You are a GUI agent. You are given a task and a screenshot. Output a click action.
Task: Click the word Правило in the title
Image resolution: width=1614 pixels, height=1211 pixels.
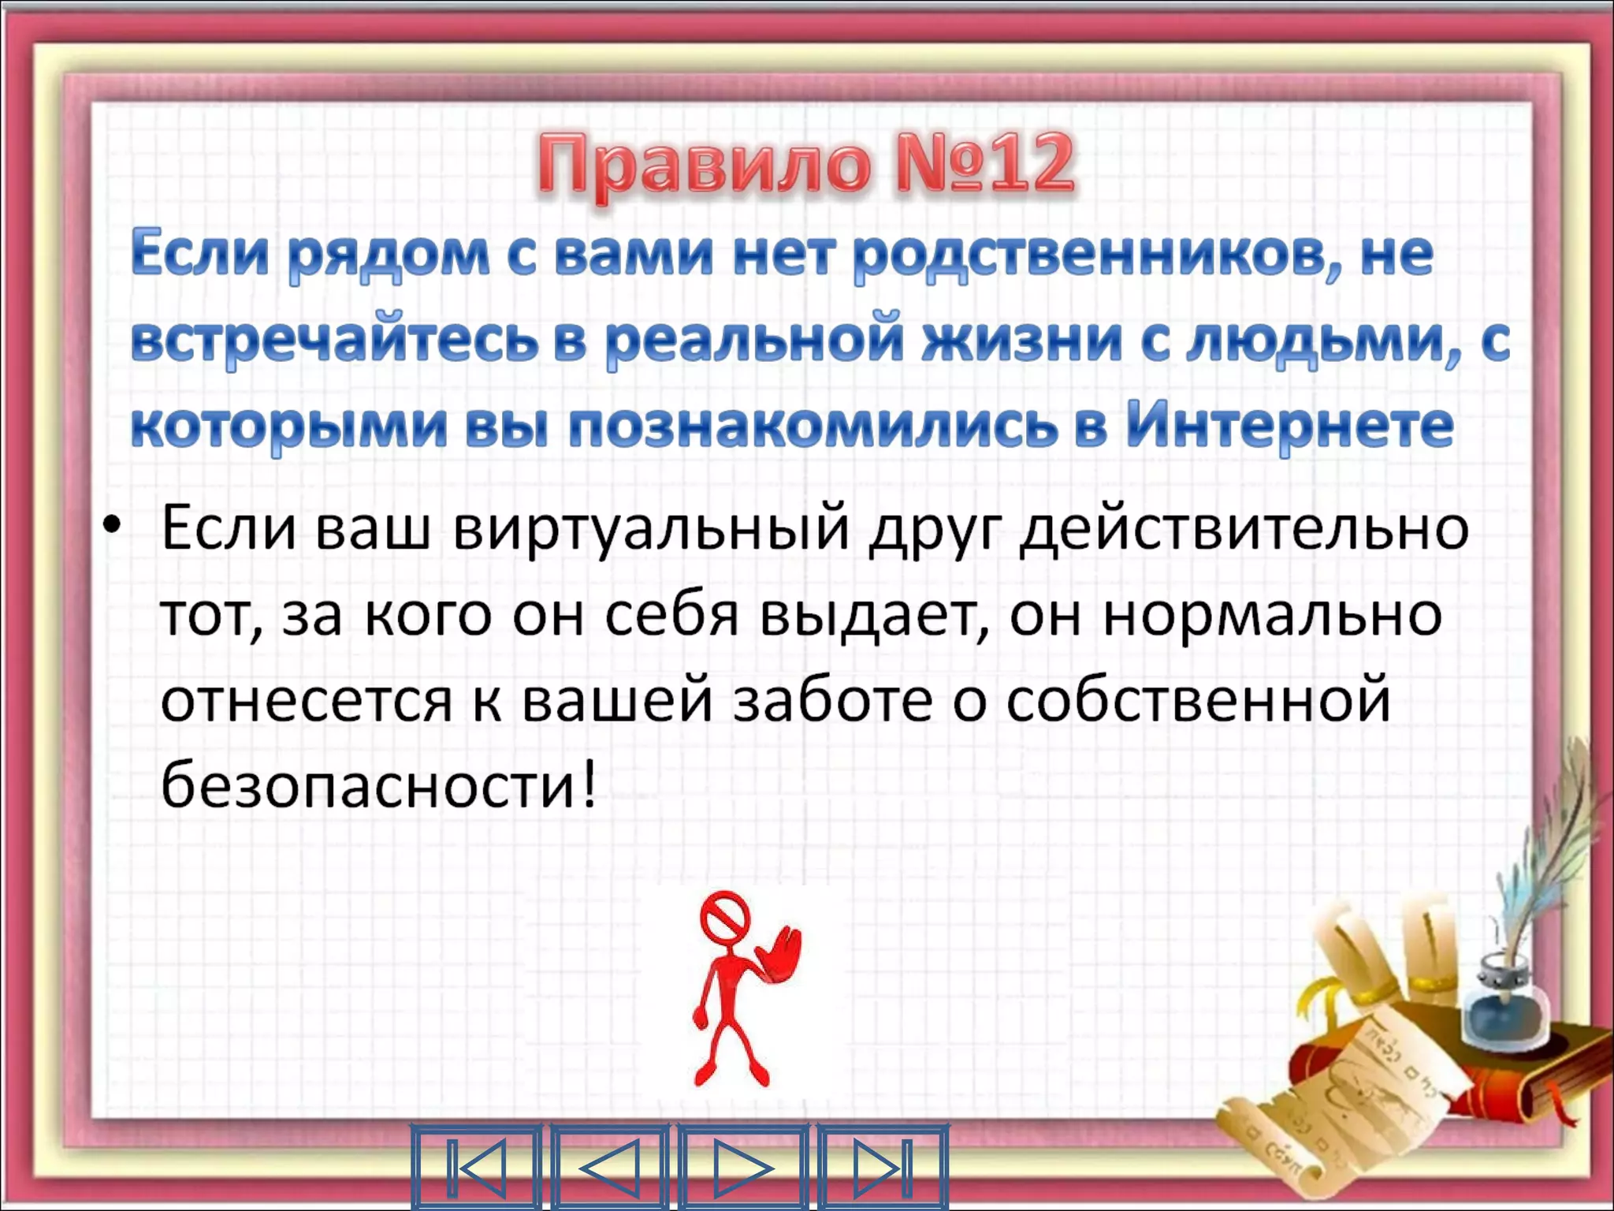click(x=705, y=166)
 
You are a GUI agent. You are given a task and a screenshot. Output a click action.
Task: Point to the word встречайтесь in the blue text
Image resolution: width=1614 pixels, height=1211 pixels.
click(x=335, y=341)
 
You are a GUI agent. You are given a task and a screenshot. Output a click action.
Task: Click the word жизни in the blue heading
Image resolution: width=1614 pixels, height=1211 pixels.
click(x=1022, y=341)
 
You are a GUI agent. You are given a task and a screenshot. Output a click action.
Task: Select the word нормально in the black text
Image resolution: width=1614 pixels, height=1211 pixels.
click(x=1273, y=615)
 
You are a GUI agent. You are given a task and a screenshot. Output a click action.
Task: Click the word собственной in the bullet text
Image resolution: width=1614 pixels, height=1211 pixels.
click(x=1198, y=700)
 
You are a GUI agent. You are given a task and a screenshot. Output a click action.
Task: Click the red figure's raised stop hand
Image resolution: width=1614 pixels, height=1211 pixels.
click(x=781, y=954)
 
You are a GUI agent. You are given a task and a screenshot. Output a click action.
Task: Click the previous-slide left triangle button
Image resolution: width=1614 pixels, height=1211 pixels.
click(x=609, y=1167)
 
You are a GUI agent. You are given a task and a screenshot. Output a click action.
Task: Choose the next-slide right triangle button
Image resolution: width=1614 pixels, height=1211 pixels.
click(x=742, y=1167)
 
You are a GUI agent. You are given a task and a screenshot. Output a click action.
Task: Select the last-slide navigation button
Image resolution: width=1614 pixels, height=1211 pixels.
click(x=883, y=1167)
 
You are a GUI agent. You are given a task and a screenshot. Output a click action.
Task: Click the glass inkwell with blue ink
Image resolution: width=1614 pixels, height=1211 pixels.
click(x=1504, y=1001)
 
